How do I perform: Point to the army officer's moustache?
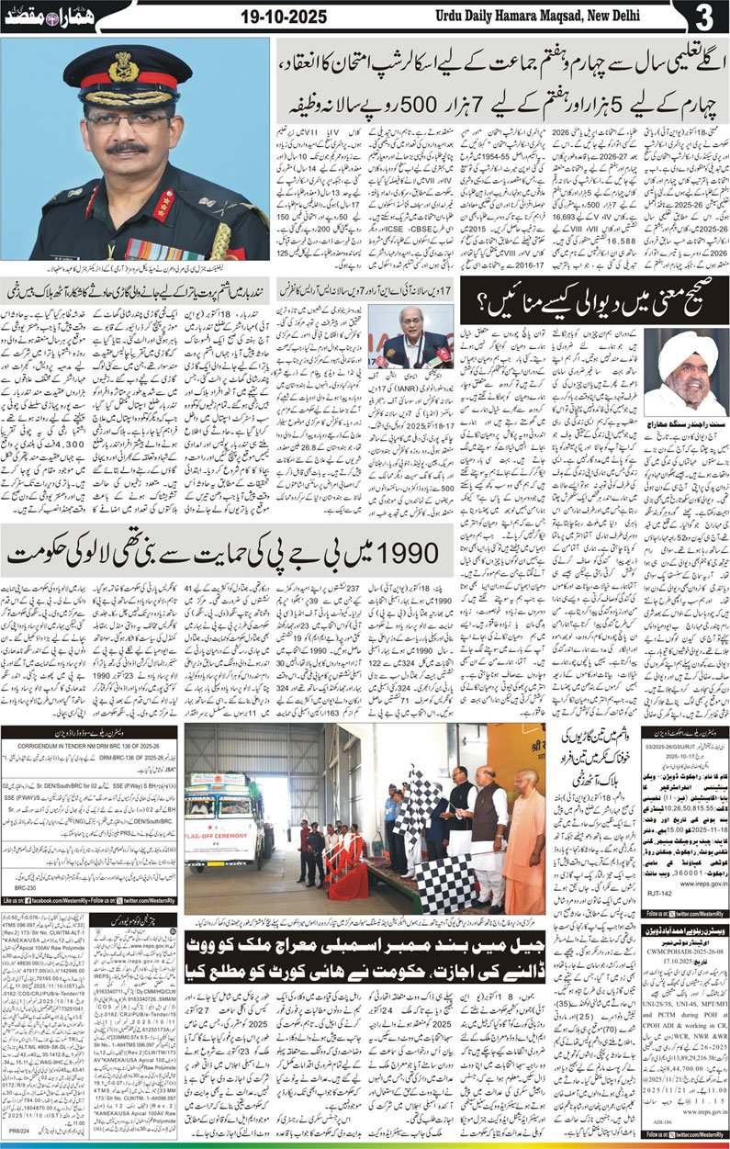pos(126,147)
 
